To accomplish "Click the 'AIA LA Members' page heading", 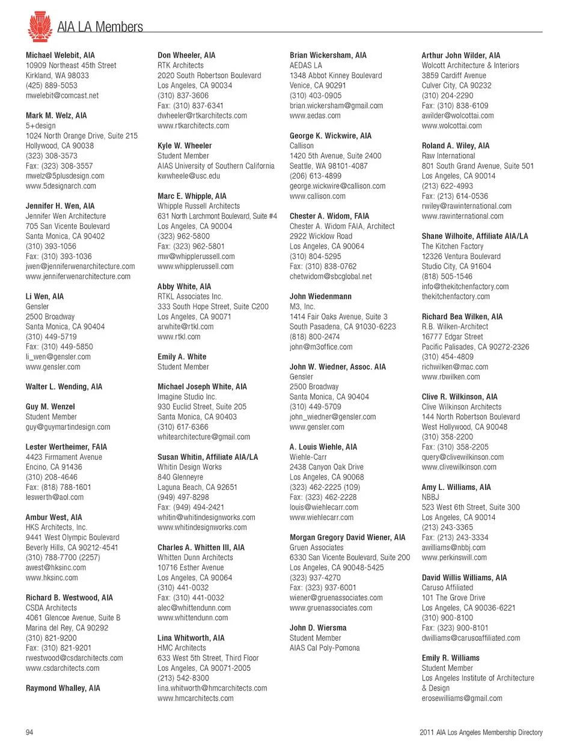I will [x=100, y=27].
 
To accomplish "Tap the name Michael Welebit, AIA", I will [x=60, y=55].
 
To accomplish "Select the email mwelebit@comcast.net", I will [x=62, y=96].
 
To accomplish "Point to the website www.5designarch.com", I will [x=61, y=186].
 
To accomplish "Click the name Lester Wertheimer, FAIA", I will [x=66, y=447].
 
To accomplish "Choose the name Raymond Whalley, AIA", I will [x=63, y=688].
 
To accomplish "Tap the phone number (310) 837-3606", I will [x=183, y=96].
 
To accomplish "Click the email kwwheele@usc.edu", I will [x=189, y=176].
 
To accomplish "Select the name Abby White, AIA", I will [x=184, y=287].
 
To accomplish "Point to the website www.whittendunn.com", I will [x=192, y=617].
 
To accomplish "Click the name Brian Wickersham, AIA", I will [x=328, y=55].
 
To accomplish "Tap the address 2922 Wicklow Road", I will [x=321, y=236].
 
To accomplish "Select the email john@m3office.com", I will [x=321, y=347].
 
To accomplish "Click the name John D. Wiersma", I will [x=318, y=628].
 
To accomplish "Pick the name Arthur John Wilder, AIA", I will [x=460, y=55].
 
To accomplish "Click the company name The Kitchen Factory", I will [x=452, y=246].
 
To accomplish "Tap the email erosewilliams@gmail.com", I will [x=462, y=698].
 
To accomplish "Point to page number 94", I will [x=29, y=732].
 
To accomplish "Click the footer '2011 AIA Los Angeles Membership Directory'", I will [x=481, y=732].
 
